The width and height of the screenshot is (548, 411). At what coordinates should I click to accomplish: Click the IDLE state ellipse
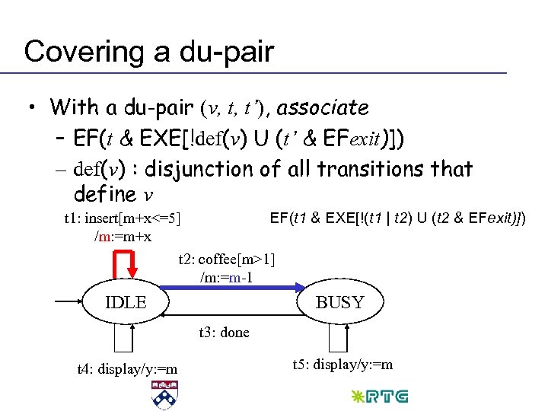(126, 301)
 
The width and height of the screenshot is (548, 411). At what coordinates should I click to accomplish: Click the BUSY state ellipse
(340, 302)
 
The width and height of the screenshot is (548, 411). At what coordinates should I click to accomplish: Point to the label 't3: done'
(223, 333)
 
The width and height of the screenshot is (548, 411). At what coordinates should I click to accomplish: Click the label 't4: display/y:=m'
(127, 369)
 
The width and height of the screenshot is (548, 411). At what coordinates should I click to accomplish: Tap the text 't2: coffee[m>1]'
(226, 260)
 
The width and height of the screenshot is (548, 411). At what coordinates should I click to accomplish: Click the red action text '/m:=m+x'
(123, 237)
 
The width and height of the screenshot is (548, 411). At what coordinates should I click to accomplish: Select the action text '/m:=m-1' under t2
(226, 277)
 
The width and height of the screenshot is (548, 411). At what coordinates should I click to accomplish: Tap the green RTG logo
(380, 397)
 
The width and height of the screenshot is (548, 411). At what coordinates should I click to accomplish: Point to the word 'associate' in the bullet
(323, 107)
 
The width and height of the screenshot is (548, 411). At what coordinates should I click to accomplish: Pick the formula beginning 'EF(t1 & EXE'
(398, 218)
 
